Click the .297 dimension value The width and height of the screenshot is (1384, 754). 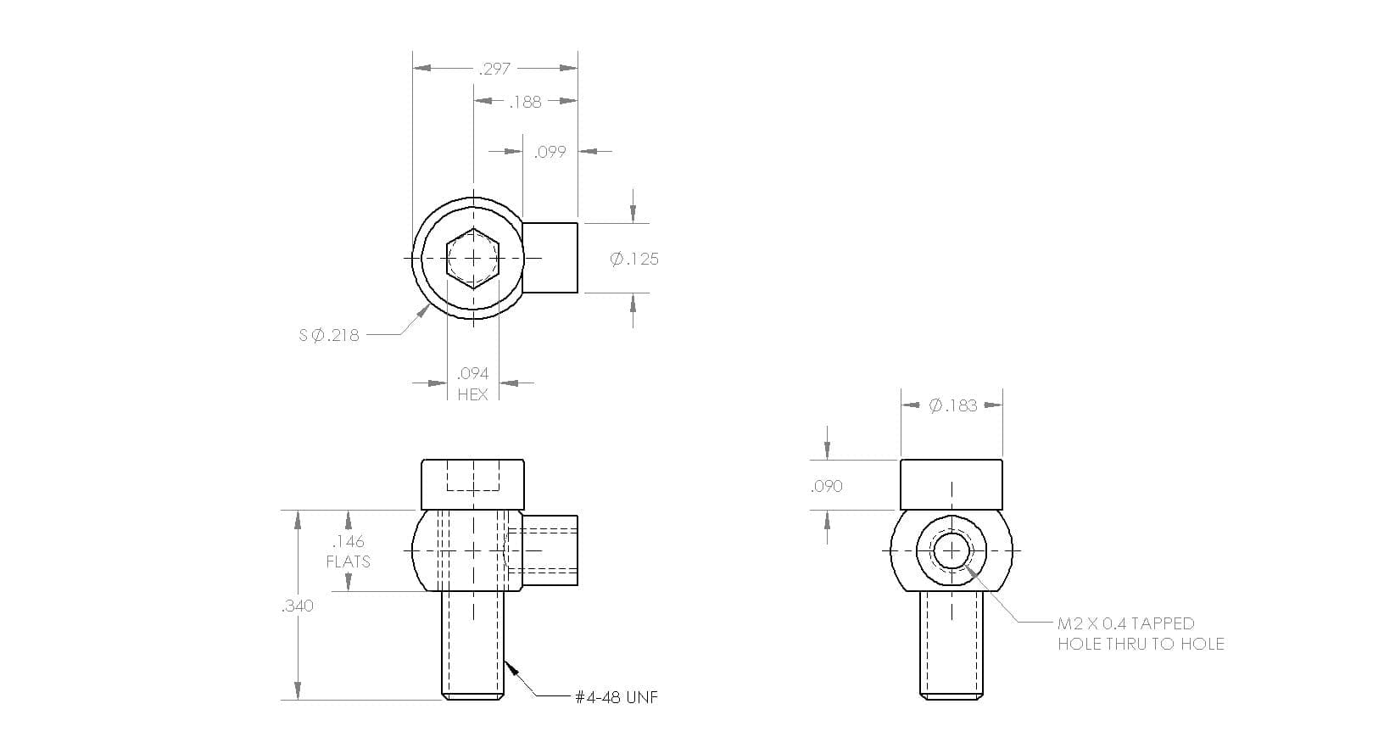pyautogui.click(x=494, y=69)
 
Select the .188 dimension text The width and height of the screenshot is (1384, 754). pyautogui.click(x=525, y=102)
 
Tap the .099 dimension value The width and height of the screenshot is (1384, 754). pyautogui.click(x=550, y=152)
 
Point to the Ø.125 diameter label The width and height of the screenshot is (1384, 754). pyautogui.click(x=634, y=259)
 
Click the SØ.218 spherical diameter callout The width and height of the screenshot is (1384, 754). pyautogui.click(x=329, y=336)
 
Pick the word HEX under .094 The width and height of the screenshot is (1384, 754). pyautogui.click(x=472, y=394)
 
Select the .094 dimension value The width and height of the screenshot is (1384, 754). pyautogui.click(x=472, y=373)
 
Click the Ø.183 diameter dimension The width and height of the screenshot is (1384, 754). pyautogui.click(x=953, y=405)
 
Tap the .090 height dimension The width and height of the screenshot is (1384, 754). pyautogui.click(x=827, y=486)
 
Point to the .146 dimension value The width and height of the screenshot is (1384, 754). pyautogui.click(x=349, y=541)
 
